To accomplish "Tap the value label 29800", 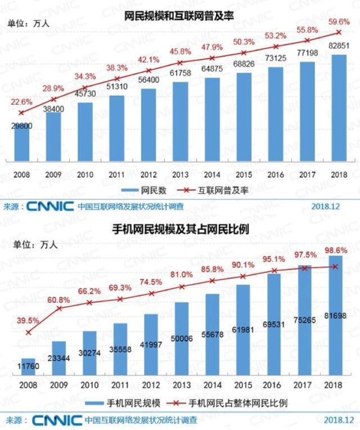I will coord(21,127).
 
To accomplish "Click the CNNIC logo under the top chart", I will coord(49,207).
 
